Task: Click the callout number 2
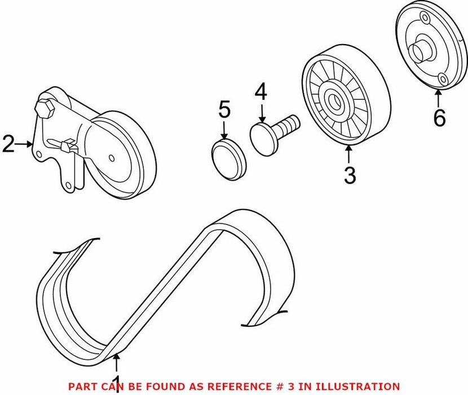click(8, 144)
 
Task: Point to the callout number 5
click(224, 109)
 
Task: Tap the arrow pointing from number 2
click(25, 144)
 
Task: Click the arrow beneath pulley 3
click(349, 153)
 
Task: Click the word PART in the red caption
click(81, 386)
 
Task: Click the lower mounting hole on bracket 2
click(67, 184)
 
